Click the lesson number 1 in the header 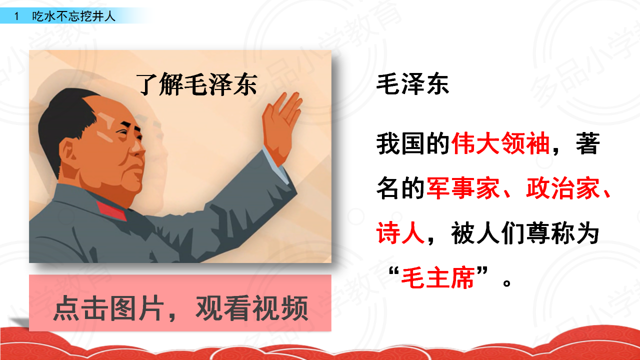tap(16, 16)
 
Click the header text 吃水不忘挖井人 tap(73, 16)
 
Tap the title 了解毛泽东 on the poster tap(197, 84)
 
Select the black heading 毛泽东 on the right tap(412, 84)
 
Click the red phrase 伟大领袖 tap(501, 143)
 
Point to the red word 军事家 tap(463, 188)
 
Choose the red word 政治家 tap(562, 188)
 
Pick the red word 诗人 tap(400, 233)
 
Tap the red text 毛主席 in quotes tap(438, 277)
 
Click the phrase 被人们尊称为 tap(525, 233)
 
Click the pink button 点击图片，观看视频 tap(180, 303)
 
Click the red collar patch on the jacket tap(111, 211)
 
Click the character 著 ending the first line tap(587, 143)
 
